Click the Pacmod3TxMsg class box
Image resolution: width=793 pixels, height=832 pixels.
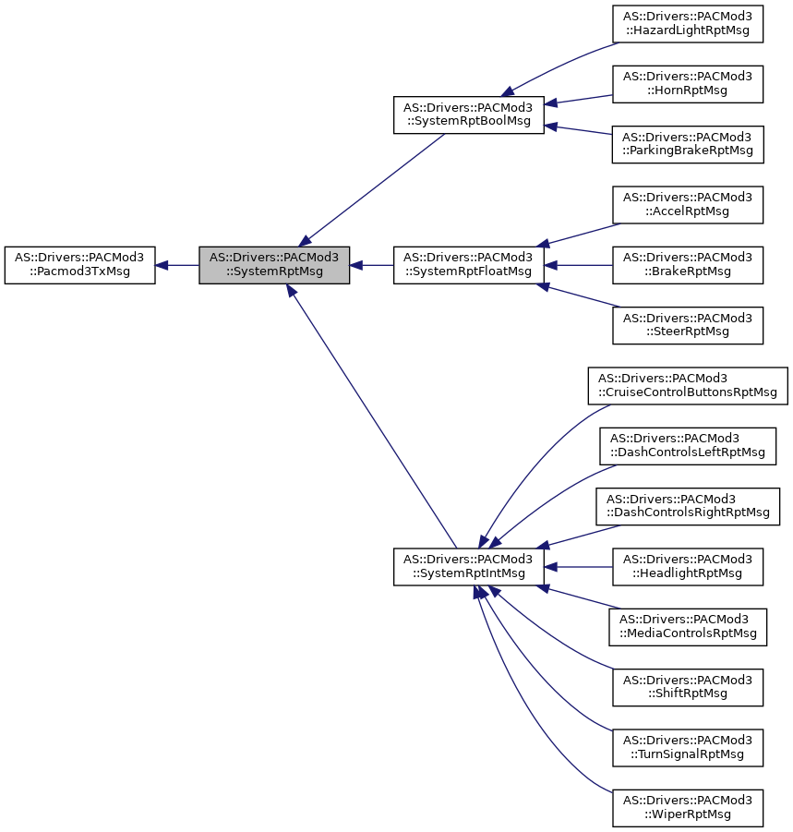click(x=79, y=265)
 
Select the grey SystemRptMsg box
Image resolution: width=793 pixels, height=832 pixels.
click(x=274, y=265)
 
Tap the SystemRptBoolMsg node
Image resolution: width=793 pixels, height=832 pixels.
click(x=469, y=115)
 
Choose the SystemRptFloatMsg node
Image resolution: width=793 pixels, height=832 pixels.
click(x=469, y=265)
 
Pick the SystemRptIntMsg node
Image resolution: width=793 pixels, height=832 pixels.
click(x=469, y=567)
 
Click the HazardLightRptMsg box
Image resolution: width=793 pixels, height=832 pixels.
click(x=688, y=24)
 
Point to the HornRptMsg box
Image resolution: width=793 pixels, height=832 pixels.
click(x=688, y=84)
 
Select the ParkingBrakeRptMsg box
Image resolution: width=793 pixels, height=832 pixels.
click(x=688, y=144)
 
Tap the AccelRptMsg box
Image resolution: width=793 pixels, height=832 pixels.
click(x=688, y=205)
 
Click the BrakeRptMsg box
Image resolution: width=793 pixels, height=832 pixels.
click(x=688, y=265)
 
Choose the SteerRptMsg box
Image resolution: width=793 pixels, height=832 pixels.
click(x=688, y=325)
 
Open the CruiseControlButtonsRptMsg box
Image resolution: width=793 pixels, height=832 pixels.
click(x=688, y=386)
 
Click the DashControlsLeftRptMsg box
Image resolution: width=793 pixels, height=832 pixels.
click(x=688, y=446)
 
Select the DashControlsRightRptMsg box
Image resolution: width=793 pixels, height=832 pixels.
click(x=688, y=506)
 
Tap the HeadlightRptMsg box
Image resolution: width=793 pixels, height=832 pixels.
click(x=688, y=567)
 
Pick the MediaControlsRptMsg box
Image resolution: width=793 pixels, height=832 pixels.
click(x=688, y=627)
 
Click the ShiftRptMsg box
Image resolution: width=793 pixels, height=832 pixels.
click(x=688, y=687)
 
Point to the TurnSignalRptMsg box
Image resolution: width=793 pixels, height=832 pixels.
click(x=688, y=748)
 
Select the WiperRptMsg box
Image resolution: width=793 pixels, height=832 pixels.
click(x=688, y=808)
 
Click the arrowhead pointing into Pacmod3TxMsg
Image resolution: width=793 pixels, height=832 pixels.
click(x=162, y=265)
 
